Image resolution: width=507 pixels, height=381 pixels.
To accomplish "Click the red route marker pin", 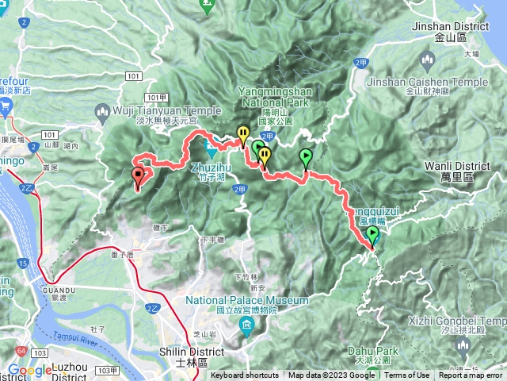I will coord(139,175).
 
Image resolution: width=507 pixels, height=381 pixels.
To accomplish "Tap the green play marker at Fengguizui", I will coord(372,234).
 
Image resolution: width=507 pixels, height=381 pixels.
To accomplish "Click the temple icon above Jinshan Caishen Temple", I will coord(428,60).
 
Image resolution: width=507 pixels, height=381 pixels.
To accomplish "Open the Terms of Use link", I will coord(407,375).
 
